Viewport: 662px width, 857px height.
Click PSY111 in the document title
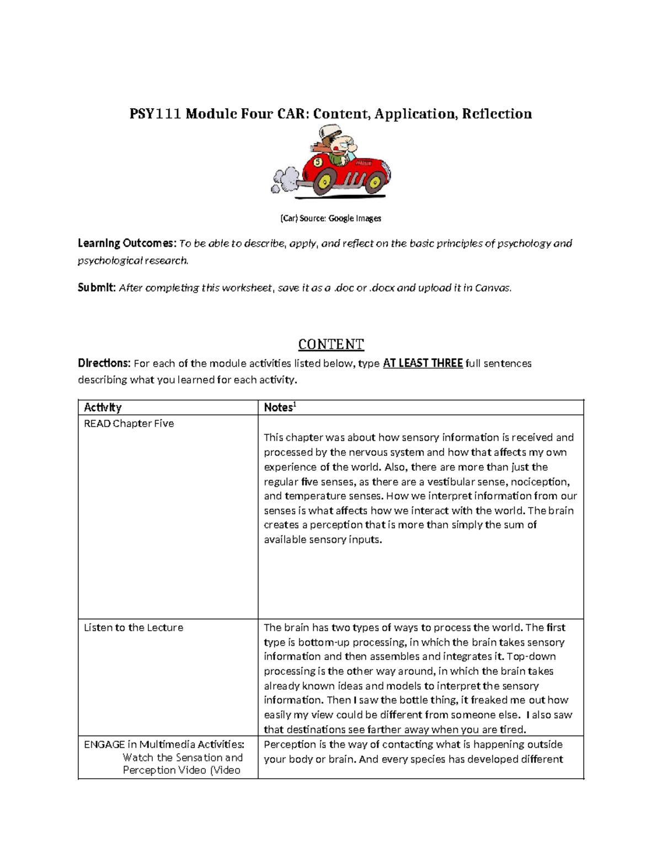coord(155,114)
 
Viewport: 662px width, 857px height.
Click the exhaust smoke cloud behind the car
coord(285,180)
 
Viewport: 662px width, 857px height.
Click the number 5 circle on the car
coord(318,162)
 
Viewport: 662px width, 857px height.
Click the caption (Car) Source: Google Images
coord(330,218)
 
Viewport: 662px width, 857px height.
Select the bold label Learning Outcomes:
coord(127,243)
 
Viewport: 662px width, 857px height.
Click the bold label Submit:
coord(97,288)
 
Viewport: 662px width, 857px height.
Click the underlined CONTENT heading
coord(330,344)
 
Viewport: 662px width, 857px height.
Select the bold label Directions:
coord(104,363)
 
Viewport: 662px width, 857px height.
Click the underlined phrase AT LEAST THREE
coord(423,363)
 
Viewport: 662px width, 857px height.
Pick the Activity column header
coord(103,407)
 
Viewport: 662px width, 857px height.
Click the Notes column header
coord(279,407)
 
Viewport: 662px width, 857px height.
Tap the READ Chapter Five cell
coord(129,423)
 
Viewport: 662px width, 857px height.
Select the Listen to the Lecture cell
coord(133,627)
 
